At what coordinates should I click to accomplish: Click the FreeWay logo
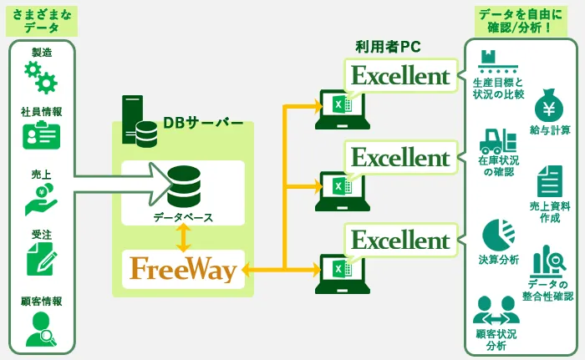point(183,269)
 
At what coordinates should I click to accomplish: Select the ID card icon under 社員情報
point(41,134)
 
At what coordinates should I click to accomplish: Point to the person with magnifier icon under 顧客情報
point(41,328)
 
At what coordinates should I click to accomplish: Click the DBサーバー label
point(203,123)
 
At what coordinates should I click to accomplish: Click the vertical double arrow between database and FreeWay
point(184,238)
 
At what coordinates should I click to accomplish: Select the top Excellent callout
point(400,76)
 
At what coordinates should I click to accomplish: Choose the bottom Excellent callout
point(400,240)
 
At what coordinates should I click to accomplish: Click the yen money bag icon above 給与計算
point(550,104)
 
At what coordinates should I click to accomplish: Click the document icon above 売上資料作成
point(550,180)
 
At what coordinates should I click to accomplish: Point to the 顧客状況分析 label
point(496,340)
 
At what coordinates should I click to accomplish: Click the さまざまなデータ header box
point(41,21)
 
